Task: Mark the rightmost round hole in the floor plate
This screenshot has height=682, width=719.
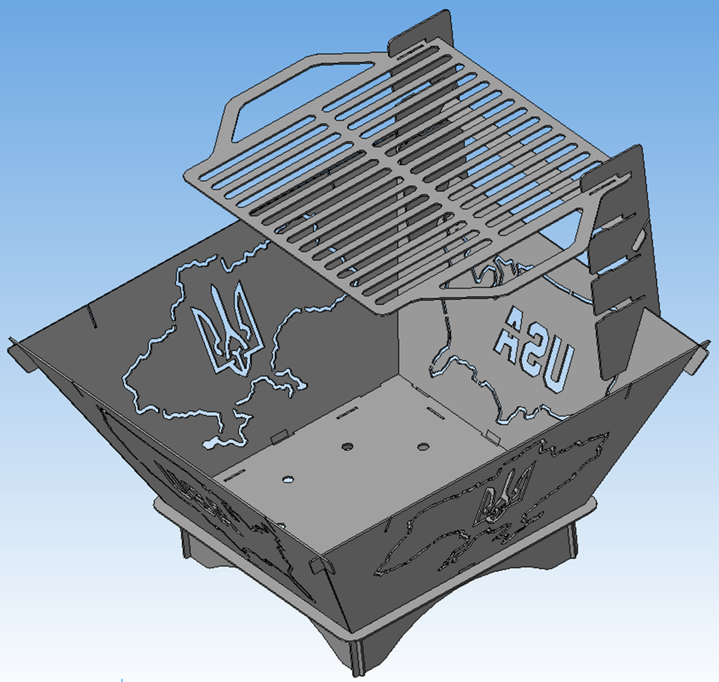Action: (x=424, y=447)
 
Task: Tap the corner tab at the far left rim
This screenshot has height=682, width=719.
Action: (x=16, y=349)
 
